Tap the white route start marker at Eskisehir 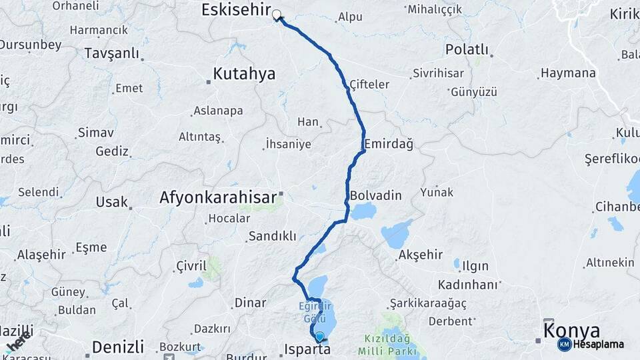[x=276, y=14]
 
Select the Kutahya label [x=244, y=74]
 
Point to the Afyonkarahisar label [x=217, y=197]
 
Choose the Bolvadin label [x=376, y=195]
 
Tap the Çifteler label [x=369, y=85]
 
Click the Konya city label [x=571, y=331]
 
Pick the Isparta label [x=307, y=349]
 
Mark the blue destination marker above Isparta [x=320, y=337]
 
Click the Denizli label [x=118, y=347]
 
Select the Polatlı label [x=467, y=50]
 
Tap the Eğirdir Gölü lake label [x=313, y=312]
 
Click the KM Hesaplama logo [x=591, y=344]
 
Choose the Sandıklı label [x=272, y=236]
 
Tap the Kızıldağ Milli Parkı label [x=387, y=344]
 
